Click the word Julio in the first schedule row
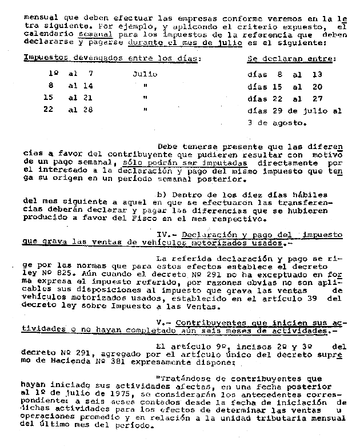(x=145, y=74)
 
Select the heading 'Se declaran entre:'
(x=291, y=58)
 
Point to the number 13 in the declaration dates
(x=318, y=74)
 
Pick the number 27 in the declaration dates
(x=318, y=98)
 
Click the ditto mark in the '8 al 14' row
(x=145, y=86)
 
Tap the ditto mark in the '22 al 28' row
(x=145, y=110)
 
